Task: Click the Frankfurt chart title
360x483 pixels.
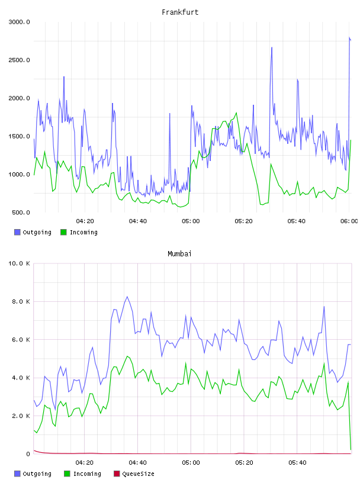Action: coord(180,12)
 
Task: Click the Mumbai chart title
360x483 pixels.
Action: coord(179,253)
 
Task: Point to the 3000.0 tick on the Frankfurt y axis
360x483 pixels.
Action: coord(19,22)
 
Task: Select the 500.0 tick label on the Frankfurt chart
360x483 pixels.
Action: coord(21,212)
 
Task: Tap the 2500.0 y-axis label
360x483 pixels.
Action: coord(19,60)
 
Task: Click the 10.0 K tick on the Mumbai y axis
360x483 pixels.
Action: coord(19,263)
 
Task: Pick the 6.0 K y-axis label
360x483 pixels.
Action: coord(21,339)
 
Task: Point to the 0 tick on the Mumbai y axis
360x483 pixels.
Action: coord(28,454)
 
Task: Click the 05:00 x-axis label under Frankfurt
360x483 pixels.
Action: coord(191,221)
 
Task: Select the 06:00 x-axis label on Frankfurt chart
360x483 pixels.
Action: coord(349,221)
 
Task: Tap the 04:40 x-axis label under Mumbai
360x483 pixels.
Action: coord(137,462)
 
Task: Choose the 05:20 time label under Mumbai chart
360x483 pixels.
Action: coord(244,462)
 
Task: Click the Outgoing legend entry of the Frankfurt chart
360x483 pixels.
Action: coord(33,232)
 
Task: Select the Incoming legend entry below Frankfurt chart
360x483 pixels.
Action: coord(79,232)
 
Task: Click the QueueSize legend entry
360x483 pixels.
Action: coord(134,474)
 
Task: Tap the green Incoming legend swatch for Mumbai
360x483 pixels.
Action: coord(67,474)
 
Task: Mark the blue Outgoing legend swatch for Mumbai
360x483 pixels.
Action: coord(17,474)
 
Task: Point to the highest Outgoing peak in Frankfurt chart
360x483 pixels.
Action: coord(349,37)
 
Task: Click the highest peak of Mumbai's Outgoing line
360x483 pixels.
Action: coord(127,297)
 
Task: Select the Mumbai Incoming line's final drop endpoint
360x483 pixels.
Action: coord(351,449)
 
